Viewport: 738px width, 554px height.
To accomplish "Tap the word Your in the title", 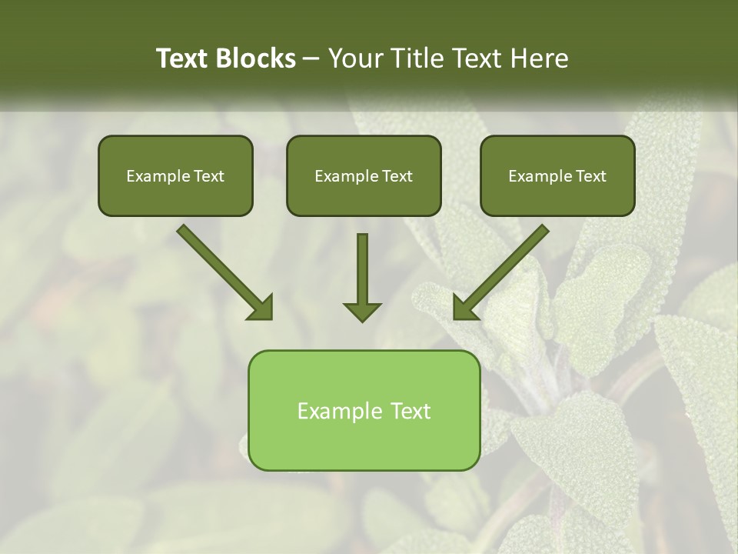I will (x=356, y=58).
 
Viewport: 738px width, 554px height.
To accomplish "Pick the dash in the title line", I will (x=311, y=58).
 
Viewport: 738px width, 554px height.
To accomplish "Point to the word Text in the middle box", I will (x=397, y=176).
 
